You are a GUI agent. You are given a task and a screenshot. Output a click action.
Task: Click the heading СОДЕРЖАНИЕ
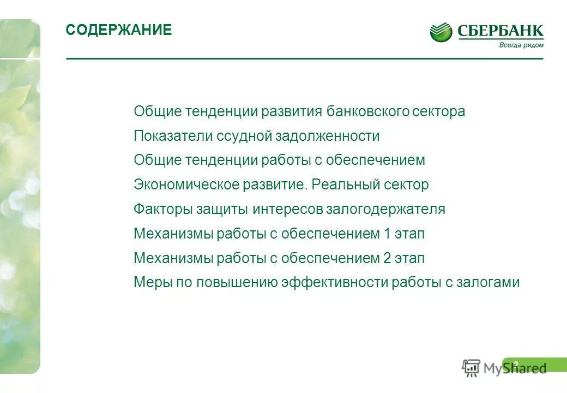(118, 30)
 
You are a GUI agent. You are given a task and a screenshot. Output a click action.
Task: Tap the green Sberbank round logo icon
(441, 32)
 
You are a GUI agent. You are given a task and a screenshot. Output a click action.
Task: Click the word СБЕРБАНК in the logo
(500, 31)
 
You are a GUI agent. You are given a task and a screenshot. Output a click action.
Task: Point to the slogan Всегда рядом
(521, 45)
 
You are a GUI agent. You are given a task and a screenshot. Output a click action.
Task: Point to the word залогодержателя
(385, 209)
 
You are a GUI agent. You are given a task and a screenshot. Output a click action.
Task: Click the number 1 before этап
(388, 234)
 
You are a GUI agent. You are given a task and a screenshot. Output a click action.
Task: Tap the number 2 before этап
(388, 258)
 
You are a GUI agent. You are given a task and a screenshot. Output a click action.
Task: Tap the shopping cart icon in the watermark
(471, 368)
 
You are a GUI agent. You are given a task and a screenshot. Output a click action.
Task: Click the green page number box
(534, 365)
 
